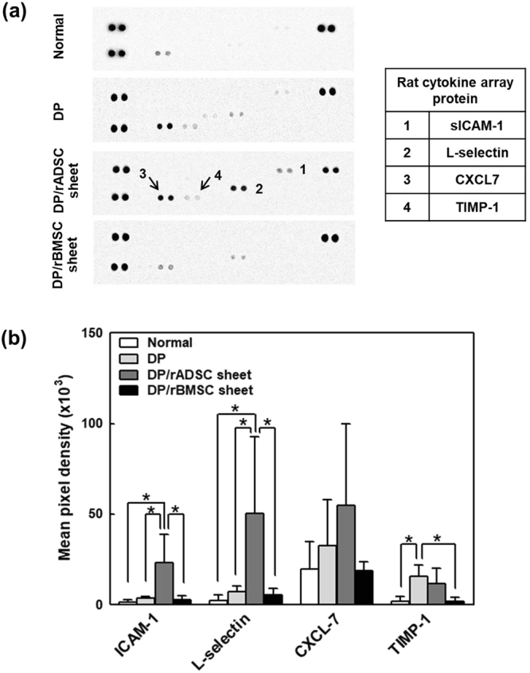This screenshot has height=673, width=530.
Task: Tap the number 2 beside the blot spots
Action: click(x=259, y=191)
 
